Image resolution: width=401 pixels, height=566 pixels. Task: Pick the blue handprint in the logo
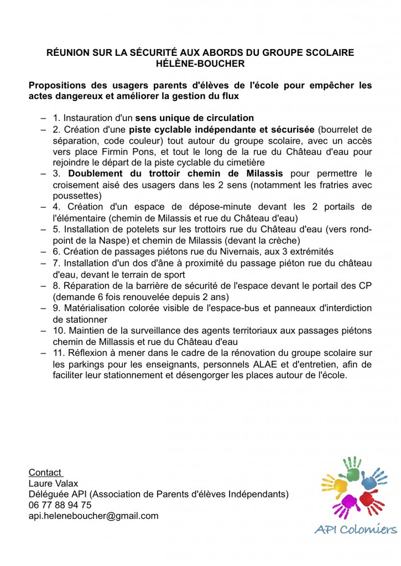tap(371, 481)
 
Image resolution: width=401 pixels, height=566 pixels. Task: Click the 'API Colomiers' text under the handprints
tap(355, 530)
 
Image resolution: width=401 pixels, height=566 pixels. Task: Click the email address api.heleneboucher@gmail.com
tap(93, 516)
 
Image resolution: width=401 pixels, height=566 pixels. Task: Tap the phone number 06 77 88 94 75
tap(60, 505)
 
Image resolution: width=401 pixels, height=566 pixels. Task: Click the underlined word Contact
tap(45, 473)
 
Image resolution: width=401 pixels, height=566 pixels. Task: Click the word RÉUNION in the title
tap(70, 53)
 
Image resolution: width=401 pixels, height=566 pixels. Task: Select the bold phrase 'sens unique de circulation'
tap(195, 118)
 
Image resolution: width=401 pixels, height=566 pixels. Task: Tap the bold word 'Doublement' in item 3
tap(100, 174)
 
